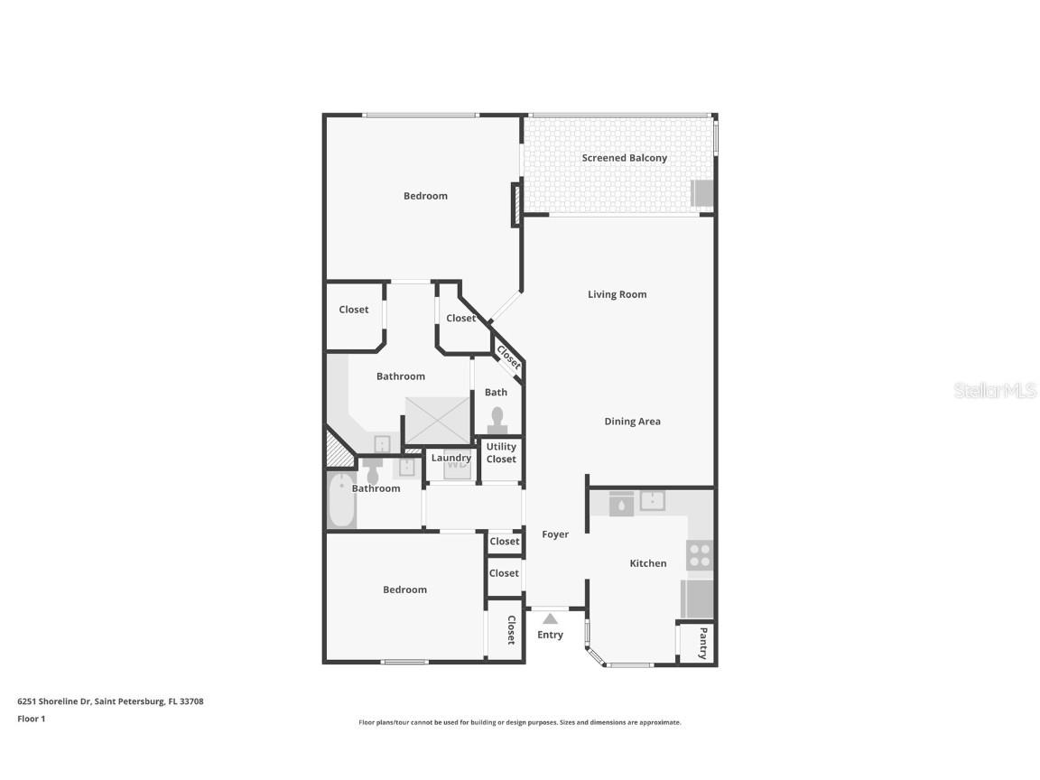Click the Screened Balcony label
[x=624, y=158]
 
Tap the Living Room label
[x=617, y=294]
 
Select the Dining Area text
[x=632, y=422]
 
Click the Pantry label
[x=703, y=643]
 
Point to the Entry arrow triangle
[x=550, y=618]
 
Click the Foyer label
[x=555, y=534]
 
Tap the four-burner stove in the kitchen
[x=700, y=555]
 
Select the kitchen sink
[x=652, y=501]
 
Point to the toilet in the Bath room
[x=497, y=421]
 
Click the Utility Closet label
[x=501, y=452]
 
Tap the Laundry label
[x=450, y=458]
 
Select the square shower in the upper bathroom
[x=437, y=419]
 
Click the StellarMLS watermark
[x=995, y=390]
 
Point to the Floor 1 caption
[x=31, y=720]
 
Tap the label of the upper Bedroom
[x=425, y=196]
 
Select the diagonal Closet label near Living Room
[x=508, y=357]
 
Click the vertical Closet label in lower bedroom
[x=510, y=629]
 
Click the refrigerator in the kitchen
[x=697, y=598]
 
